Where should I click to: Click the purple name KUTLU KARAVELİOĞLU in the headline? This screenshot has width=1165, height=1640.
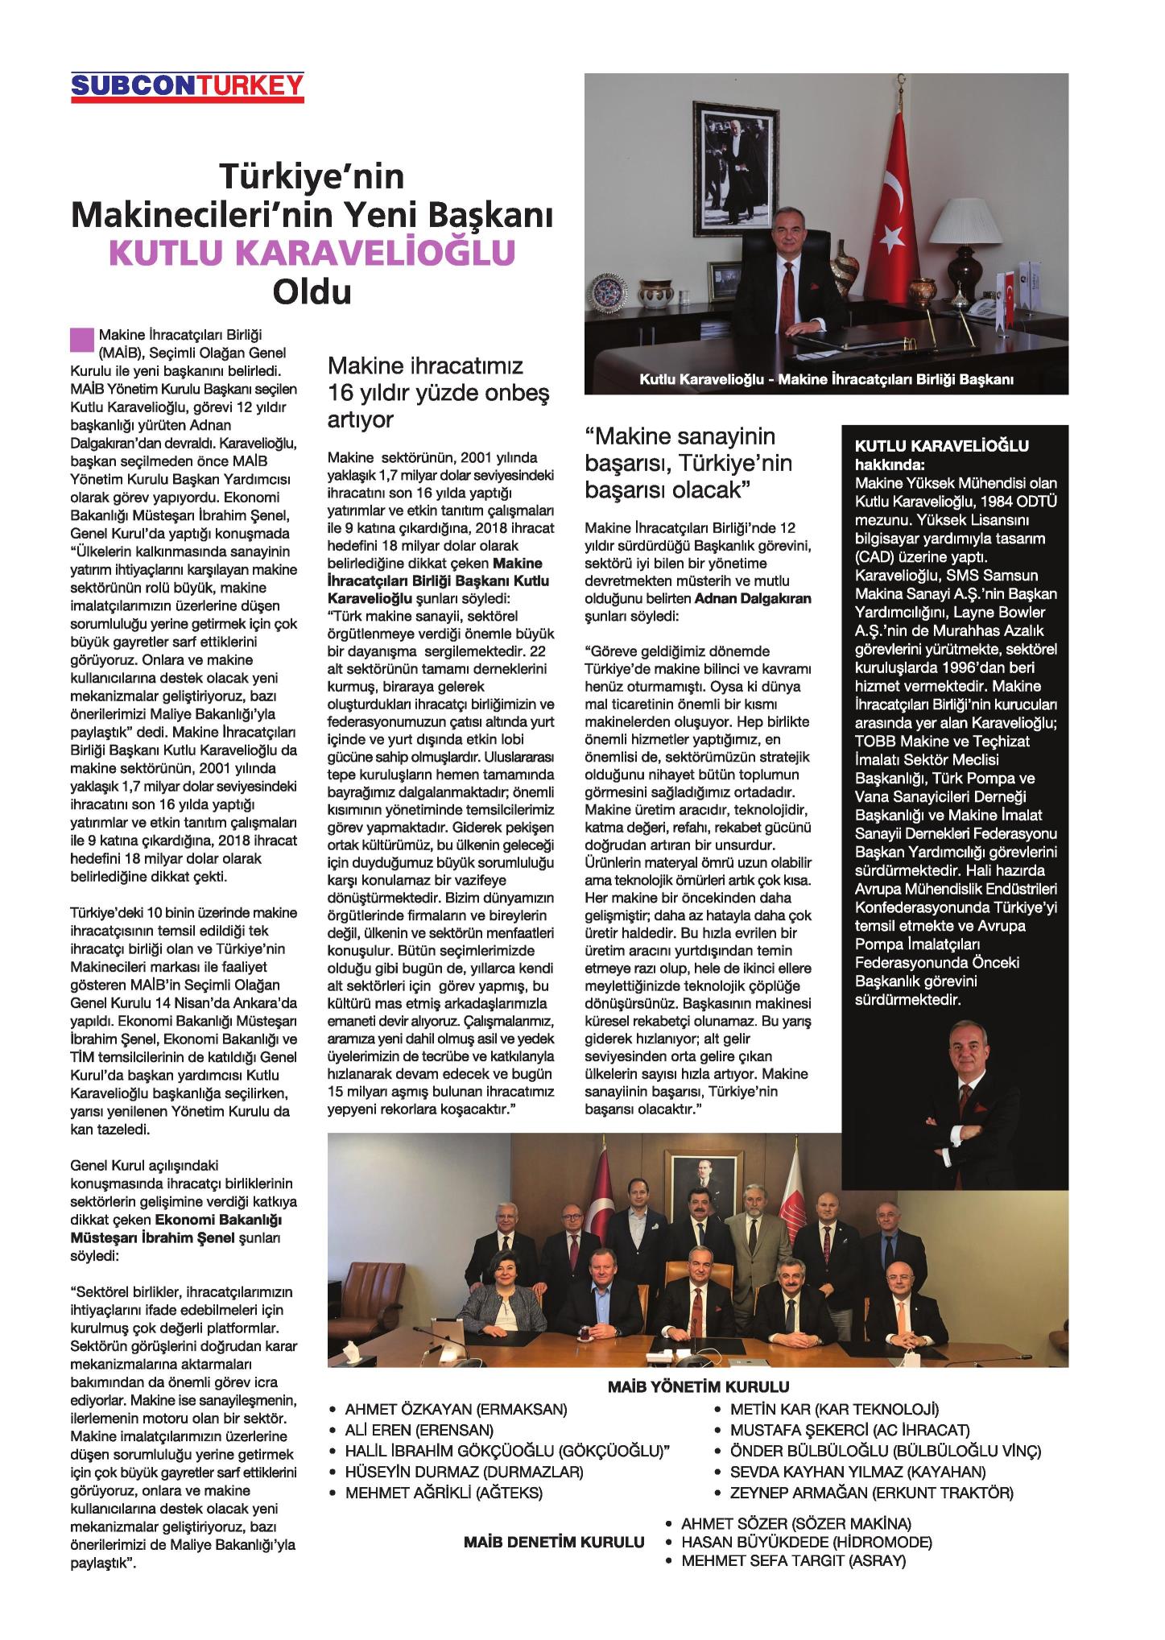coord(312,253)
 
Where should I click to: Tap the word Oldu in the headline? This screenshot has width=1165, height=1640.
coord(312,291)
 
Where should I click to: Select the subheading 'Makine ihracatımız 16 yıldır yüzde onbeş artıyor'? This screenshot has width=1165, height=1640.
coord(426,392)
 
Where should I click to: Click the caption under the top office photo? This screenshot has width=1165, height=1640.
coord(826,379)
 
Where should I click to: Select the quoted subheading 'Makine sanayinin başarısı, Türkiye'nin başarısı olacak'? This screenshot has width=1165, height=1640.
coord(689,463)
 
